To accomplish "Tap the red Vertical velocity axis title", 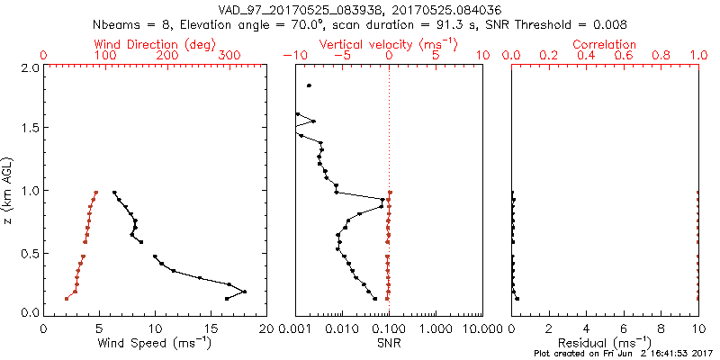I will (x=388, y=44).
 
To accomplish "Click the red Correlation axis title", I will (x=605, y=44).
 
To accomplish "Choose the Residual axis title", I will (x=605, y=343).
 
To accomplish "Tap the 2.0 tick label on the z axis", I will (x=29, y=68).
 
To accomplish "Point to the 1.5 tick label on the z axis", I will (x=29, y=129).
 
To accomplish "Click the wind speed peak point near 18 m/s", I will (x=244, y=292).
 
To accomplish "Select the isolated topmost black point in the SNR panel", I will (x=309, y=85).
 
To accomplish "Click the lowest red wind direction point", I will (x=67, y=299).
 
